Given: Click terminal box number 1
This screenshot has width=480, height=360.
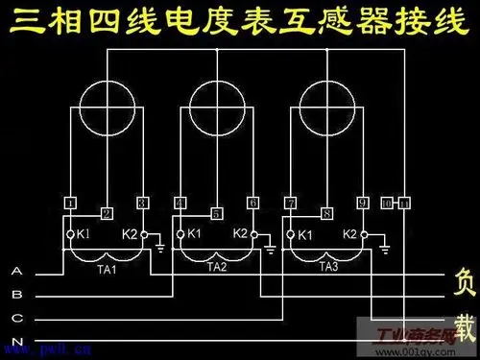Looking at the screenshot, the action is click(x=70, y=203).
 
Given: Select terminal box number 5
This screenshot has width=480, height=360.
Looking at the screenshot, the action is click(x=217, y=213).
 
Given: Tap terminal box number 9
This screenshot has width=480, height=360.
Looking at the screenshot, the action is click(x=364, y=203).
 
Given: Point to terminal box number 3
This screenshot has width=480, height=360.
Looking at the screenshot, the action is click(x=144, y=203).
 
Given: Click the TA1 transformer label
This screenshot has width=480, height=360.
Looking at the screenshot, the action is click(x=107, y=269).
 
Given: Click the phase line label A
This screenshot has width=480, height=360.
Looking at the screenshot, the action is click(x=16, y=272).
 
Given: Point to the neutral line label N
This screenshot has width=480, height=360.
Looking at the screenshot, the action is click(x=16, y=341).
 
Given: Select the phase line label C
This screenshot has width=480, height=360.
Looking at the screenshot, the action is click(x=16, y=318).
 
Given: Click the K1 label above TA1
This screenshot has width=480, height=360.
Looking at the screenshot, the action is click(x=84, y=233).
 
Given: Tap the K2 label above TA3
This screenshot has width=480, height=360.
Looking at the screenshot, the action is click(x=350, y=233).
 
